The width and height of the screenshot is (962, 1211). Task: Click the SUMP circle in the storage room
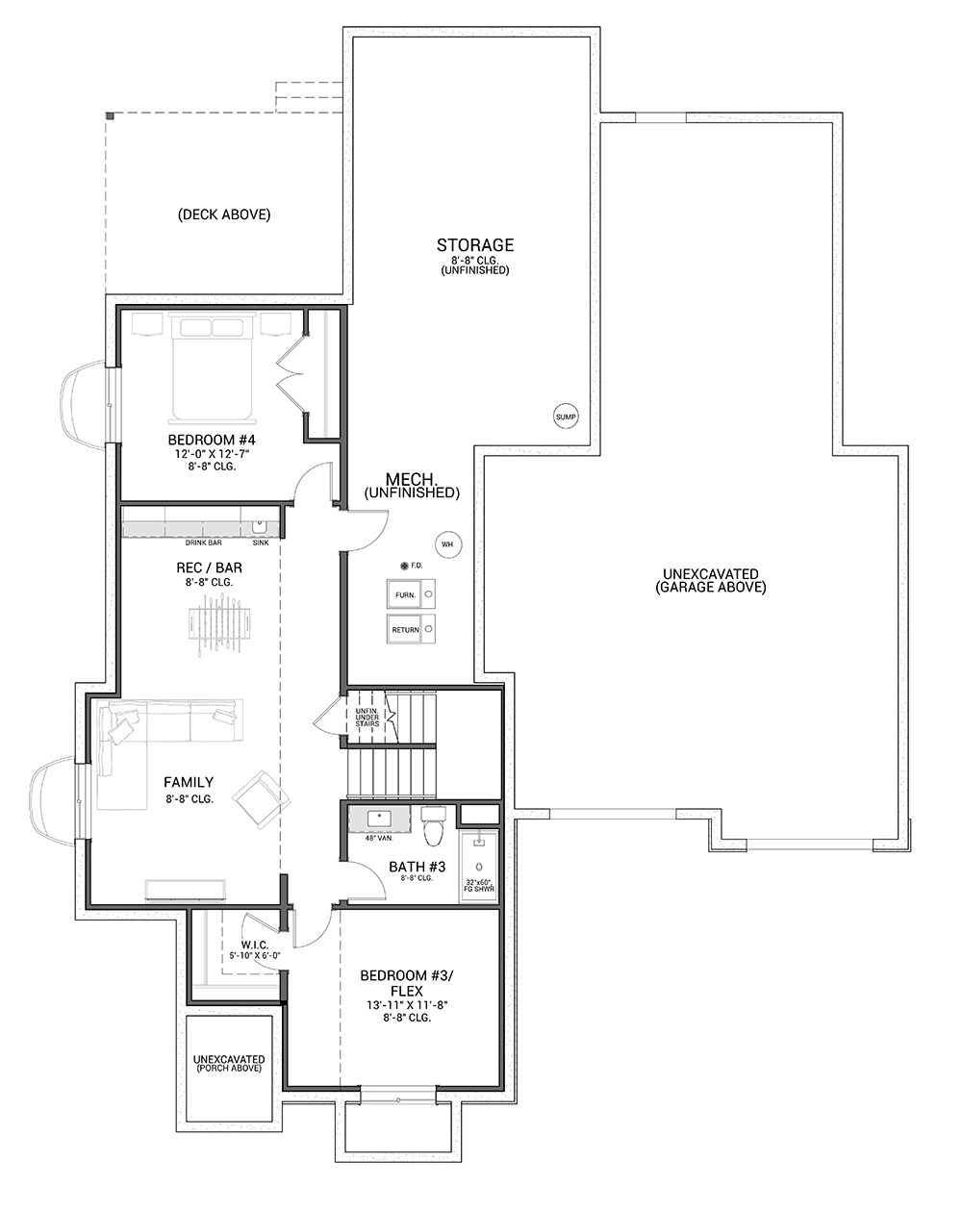[565, 416]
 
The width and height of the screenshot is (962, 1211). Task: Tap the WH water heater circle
[448, 544]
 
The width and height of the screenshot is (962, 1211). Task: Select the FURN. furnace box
[411, 594]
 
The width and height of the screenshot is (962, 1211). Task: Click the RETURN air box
[411, 629]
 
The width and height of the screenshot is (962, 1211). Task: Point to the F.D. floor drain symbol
[404, 567]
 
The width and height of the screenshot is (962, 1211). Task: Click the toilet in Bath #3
[433, 825]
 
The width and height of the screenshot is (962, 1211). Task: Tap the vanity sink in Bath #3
[379, 819]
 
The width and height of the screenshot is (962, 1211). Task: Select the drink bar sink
[259, 527]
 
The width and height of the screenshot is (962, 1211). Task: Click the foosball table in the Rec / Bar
[219, 624]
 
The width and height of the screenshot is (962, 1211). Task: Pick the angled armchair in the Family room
[261, 799]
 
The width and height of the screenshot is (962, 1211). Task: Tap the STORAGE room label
[475, 244]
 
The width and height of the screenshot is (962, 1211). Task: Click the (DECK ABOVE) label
[224, 214]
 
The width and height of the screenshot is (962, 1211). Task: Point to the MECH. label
[411, 479]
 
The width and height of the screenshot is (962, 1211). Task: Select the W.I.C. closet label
[254, 945]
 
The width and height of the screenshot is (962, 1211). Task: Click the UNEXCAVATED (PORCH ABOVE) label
[229, 1064]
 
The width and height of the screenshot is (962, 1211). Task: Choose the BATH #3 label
[418, 867]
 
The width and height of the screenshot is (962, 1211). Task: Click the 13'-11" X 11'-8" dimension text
[407, 1005]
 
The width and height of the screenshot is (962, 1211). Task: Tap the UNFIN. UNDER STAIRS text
[367, 718]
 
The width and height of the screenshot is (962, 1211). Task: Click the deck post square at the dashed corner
[110, 115]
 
